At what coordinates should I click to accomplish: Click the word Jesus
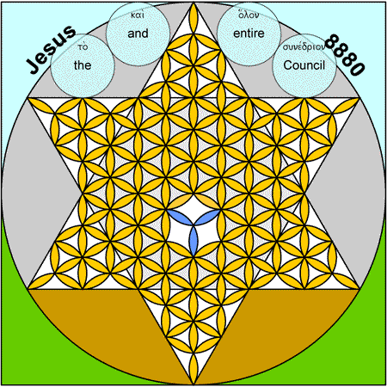[x=51, y=49]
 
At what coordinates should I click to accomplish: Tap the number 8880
[x=346, y=54]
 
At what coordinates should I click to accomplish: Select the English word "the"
[x=83, y=65]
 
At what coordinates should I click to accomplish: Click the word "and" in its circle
[x=138, y=34]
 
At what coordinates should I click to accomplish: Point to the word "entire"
[x=249, y=34]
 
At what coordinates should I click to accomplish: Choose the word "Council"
[x=304, y=65]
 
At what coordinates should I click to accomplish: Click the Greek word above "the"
[x=83, y=46]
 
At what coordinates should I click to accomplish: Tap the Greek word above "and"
[x=138, y=15]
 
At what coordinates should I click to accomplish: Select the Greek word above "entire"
[x=249, y=15]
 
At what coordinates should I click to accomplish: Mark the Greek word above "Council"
[x=304, y=46]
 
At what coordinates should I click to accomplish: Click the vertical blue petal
[x=193, y=240]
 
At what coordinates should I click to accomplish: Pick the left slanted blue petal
[x=181, y=218]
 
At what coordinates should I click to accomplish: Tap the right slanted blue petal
[x=207, y=218]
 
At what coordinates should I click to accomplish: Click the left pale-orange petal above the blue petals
[x=181, y=202]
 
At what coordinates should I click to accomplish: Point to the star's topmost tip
[x=193, y=3]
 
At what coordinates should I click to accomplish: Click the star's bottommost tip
[x=193, y=384]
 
